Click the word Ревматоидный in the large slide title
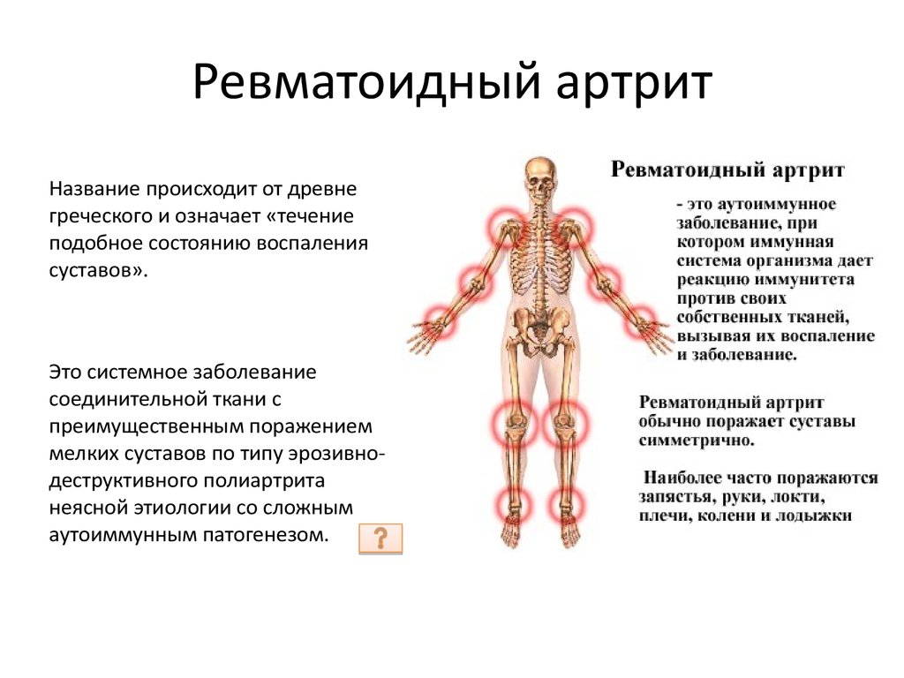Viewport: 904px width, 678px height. pyautogui.click(x=366, y=82)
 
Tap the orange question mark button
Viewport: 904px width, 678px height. pyautogui.click(x=380, y=539)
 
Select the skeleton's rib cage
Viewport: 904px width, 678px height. pyautogui.click(x=541, y=253)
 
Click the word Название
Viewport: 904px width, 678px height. pyautogui.click(x=94, y=189)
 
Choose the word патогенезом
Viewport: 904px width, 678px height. pyautogui.click(x=265, y=534)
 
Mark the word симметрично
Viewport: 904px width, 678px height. pyautogui.click(x=697, y=441)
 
